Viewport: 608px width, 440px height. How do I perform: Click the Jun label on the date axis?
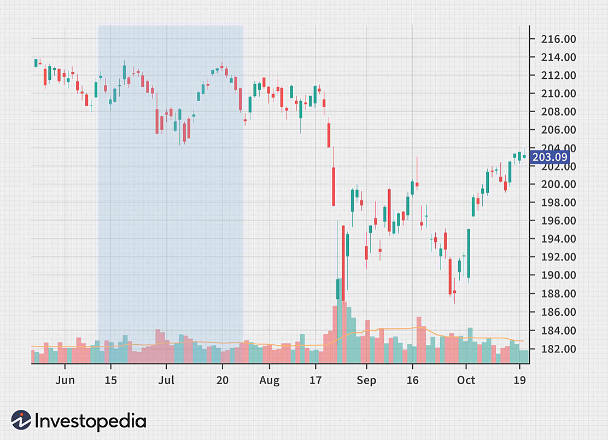pyautogui.click(x=65, y=380)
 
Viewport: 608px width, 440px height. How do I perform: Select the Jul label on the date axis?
pyautogui.click(x=166, y=380)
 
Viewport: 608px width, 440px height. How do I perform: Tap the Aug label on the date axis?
pyautogui.click(x=270, y=380)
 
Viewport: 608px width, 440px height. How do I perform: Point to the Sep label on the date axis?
pyautogui.click(x=366, y=380)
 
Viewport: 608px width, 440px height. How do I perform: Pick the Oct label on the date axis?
pyautogui.click(x=466, y=380)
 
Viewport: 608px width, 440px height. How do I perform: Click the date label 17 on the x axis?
pyautogui.click(x=315, y=380)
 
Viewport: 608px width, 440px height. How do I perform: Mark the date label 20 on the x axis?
pyautogui.click(x=223, y=380)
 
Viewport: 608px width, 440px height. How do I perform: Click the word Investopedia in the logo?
pyautogui.click(x=91, y=421)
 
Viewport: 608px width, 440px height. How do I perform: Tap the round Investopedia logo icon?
pyautogui.click(x=21, y=420)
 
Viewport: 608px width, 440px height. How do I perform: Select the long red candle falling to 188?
pyautogui.click(x=343, y=263)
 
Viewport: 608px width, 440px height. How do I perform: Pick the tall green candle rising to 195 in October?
pyautogui.click(x=469, y=253)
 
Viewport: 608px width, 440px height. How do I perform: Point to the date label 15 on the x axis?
pyautogui.click(x=110, y=380)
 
